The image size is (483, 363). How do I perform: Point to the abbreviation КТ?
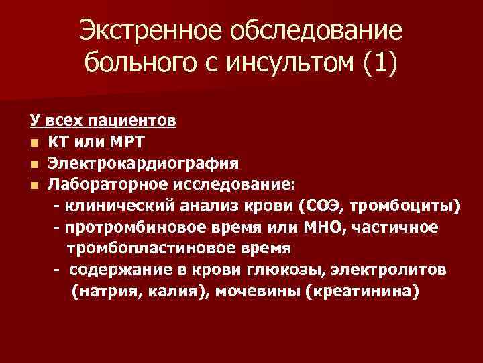[x=58, y=142]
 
